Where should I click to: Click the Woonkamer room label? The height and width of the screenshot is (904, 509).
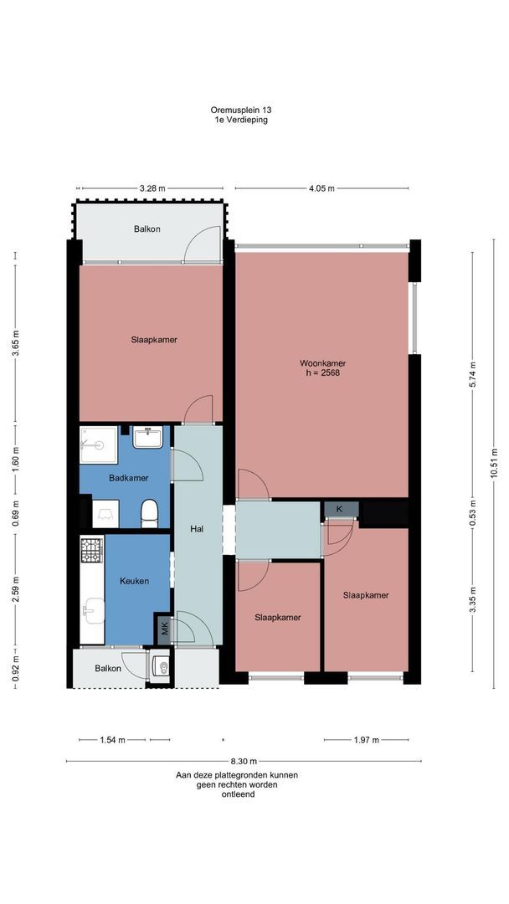[323, 363]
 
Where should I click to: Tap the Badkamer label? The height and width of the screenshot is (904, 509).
[129, 478]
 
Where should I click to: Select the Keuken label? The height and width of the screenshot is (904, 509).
[134, 581]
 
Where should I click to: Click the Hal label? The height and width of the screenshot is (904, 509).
[198, 528]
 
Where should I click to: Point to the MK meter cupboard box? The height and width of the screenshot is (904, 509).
[164, 629]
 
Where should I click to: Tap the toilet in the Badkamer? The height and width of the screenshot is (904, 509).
[149, 513]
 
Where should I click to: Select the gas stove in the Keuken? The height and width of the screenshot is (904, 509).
[91, 550]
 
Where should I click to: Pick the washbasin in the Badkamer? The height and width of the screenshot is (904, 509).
[148, 437]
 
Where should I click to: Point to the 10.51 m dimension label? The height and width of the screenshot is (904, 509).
[494, 464]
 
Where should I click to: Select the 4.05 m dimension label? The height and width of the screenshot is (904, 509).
[321, 188]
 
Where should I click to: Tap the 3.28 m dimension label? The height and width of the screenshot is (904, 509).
[152, 188]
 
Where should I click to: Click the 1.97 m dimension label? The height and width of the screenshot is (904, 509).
[366, 740]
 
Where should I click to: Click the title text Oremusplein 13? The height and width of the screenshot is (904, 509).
[240, 110]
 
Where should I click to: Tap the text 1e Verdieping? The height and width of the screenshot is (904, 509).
[240, 120]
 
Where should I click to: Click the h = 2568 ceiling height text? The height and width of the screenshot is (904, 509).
[323, 373]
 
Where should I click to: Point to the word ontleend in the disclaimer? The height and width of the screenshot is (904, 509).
[238, 794]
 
